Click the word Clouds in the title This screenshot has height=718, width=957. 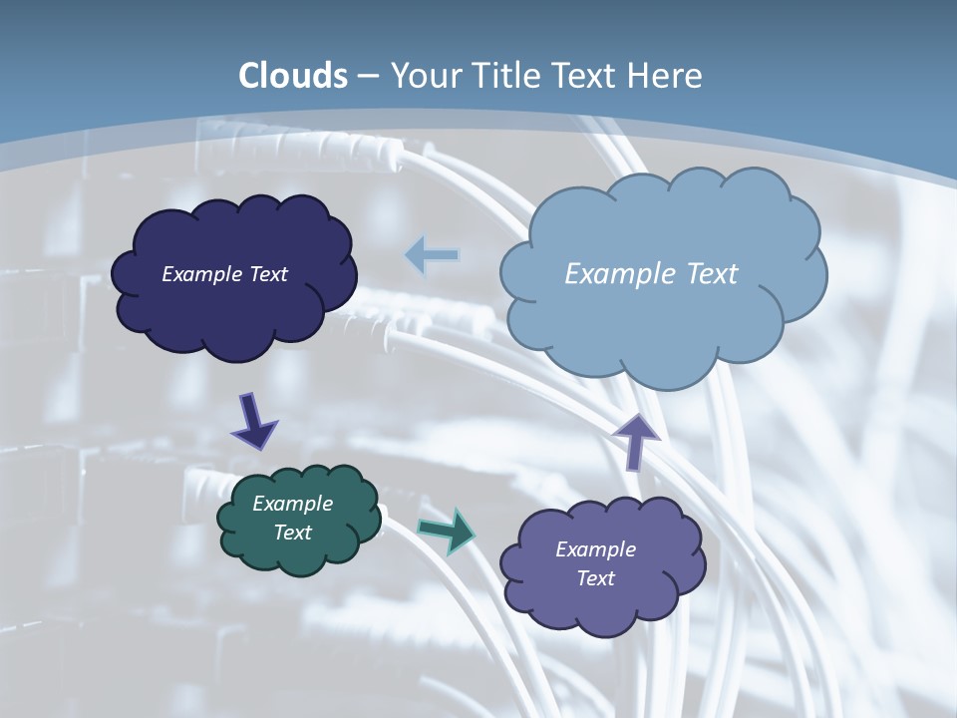coord(293,76)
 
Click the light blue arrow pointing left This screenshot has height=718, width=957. coord(432,255)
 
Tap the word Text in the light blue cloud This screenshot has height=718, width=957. coord(713,274)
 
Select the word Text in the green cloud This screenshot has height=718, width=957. coord(292,533)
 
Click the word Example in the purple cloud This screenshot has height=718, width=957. coord(595,549)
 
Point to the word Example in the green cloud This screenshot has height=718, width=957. coord(292,505)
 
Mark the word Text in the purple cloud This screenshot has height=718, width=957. coord(595,578)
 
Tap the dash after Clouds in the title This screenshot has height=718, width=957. coord(367,77)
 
